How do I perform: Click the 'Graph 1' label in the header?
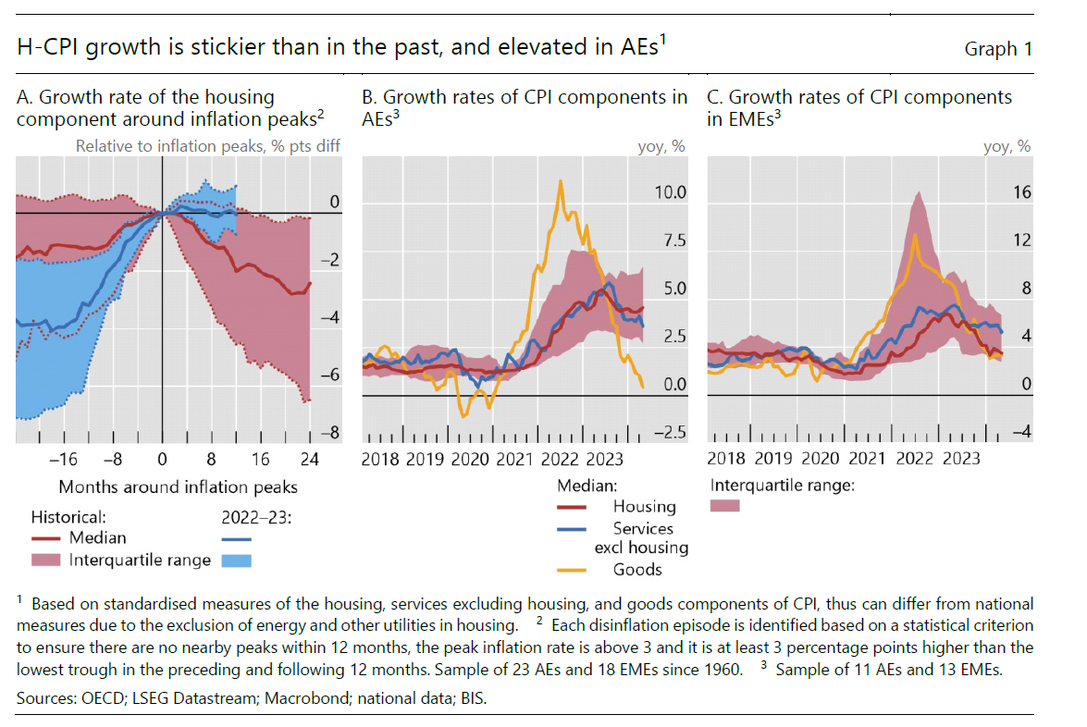click(997, 49)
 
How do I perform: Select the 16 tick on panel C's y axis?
click(1020, 193)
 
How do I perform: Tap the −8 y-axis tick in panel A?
click(329, 433)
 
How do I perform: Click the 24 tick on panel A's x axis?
click(309, 459)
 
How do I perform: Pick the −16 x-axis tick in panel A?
click(63, 459)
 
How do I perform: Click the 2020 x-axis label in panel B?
click(472, 459)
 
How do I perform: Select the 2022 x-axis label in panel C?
click(914, 459)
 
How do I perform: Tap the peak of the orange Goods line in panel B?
click(560, 181)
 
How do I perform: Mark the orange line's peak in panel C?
click(916, 234)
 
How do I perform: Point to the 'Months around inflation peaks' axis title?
click(178, 487)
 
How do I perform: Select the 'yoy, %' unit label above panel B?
click(661, 146)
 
